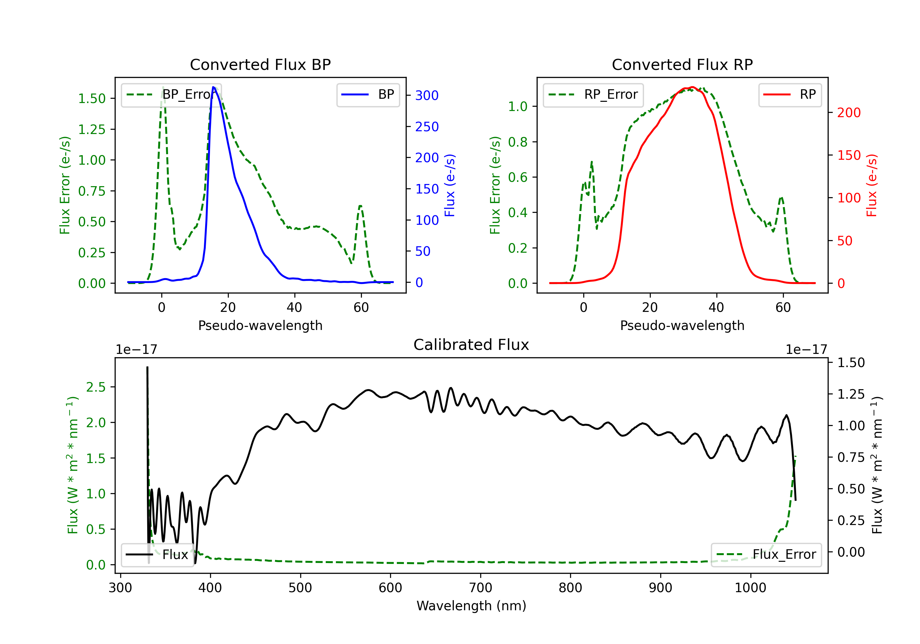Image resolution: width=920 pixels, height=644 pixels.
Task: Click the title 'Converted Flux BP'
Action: point(260,64)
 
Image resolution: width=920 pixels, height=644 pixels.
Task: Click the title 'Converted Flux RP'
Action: point(682,64)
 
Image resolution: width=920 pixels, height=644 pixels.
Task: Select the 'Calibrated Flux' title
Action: point(471,345)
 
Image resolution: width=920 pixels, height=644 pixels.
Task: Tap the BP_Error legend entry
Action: point(168,94)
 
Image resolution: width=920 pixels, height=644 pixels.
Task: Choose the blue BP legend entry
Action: point(368,94)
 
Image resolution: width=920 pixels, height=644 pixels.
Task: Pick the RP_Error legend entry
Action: point(593,94)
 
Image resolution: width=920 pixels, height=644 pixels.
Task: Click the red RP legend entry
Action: point(790,94)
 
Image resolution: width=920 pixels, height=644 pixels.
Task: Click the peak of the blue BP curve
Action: point(213,87)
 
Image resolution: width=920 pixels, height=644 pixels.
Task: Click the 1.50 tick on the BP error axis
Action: point(92,98)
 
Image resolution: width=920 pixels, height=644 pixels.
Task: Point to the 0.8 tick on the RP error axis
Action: point(517,142)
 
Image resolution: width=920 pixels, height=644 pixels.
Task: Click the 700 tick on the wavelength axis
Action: point(481,588)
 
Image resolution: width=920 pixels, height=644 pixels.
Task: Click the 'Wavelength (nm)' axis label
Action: point(471,606)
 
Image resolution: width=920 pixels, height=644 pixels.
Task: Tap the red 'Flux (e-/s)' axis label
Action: point(872,185)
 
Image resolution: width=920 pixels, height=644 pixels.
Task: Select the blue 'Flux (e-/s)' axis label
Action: point(450,185)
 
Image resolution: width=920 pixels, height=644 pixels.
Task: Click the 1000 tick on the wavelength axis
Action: point(750,588)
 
